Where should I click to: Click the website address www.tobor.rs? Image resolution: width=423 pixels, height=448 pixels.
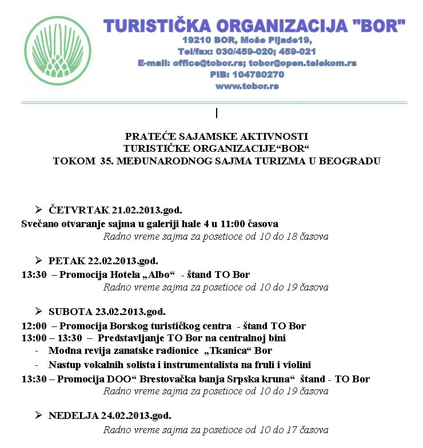247,86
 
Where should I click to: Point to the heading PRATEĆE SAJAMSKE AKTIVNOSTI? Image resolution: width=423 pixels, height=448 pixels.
216,136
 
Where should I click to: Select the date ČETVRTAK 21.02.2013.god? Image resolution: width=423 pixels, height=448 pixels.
115,210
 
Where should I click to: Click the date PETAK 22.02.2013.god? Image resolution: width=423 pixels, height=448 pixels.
103,261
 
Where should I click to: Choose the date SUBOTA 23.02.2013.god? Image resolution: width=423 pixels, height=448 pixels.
107,312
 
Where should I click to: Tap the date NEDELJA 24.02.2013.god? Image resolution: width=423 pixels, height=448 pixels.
110,415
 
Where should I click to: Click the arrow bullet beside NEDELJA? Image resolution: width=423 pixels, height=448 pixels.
38,415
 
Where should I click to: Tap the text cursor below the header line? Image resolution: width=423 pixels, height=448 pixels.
217,113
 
